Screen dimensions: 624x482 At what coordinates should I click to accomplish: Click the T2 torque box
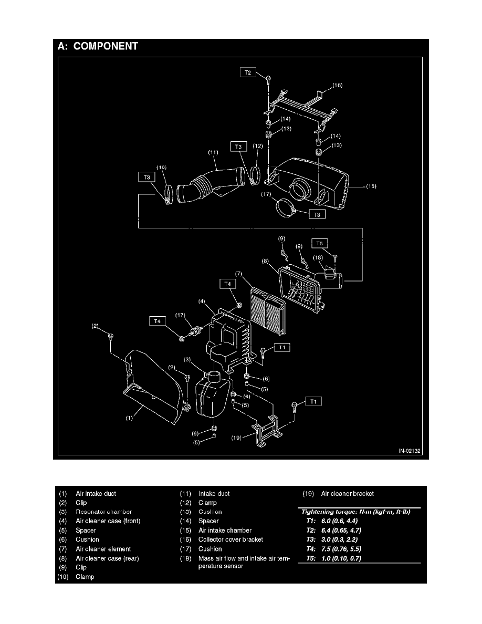[x=248, y=73]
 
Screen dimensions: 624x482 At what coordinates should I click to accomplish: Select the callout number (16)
[x=337, y=85]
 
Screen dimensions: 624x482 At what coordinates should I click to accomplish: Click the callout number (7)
[x=238, y=274]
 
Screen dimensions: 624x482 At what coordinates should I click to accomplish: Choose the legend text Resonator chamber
[x=103, y=512]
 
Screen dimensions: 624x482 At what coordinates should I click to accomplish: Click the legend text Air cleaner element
[x=103, y=549]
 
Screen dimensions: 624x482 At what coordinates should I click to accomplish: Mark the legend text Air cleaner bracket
[x=347, y=493]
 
